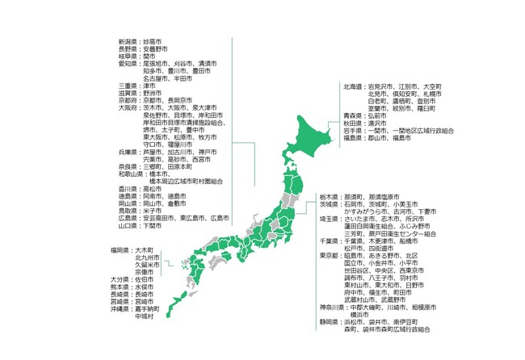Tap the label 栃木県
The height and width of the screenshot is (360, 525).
[329, 197]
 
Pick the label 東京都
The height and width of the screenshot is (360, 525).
[329, 256]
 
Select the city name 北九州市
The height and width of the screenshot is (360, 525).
[147, 257]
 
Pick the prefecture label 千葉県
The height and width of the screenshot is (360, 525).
[329, 241]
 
